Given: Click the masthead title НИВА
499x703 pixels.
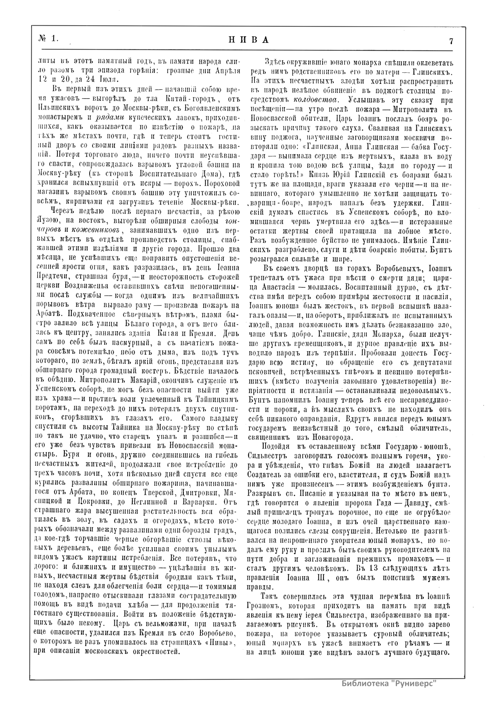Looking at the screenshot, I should [x=249, y=40].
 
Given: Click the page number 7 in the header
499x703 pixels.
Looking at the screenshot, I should [x=452, y=41].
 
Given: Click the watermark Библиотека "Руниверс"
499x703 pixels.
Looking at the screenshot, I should [x=389, y=683].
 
